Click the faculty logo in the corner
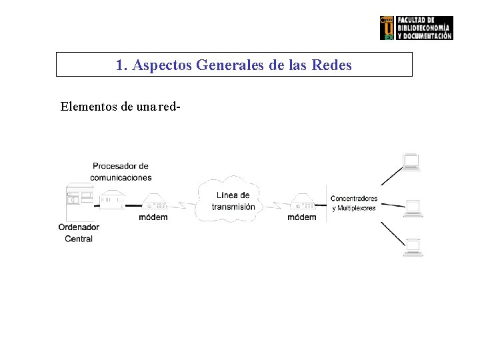pos(416,28)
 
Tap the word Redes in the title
pos(332,65)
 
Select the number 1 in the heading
pos(120,65)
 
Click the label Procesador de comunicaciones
pos(121,171)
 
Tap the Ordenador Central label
pos(79,233)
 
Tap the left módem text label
pos(153,217)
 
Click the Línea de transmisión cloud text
pos(233,201)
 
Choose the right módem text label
pos(302,217)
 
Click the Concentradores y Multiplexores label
pos(354,203)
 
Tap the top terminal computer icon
pos(411,162)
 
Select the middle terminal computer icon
pos(413,207)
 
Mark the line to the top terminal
pos(392,175)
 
